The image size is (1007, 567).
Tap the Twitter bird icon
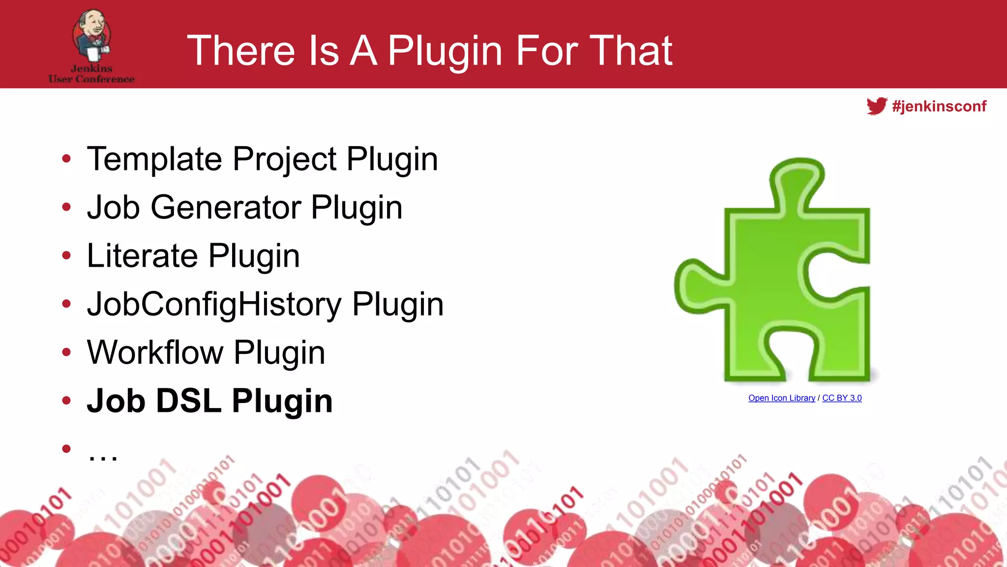pyautogui.click(x=877, y=106)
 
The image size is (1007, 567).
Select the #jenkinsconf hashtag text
pyautogui.click(x=939, y=106)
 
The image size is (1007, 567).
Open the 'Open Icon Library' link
pyautogui.click(x=781, y=398)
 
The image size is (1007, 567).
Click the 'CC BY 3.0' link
pyautogui.click(x=842, y=398)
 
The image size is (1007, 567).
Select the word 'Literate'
pyautogui.click(x=143, y=255)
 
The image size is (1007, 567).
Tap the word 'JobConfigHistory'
pyautogui.click(x=214, y=304)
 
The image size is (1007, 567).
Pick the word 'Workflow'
pyautogui.click(x=155, y=352)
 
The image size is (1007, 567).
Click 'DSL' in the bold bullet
pyautogui.click(x=189, y=401)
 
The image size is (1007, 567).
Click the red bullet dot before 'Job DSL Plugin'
pyautogui.click(x=66, y=401)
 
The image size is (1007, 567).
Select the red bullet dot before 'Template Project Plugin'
pyautogui.click(x=66, y=159)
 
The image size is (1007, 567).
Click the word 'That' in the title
pyautogui.click(x=631, y=50)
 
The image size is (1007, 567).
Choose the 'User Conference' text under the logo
pyautogui.click(x=91, y=79)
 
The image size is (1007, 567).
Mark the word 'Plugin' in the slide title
pyautogui.click(x=445, y=51)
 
